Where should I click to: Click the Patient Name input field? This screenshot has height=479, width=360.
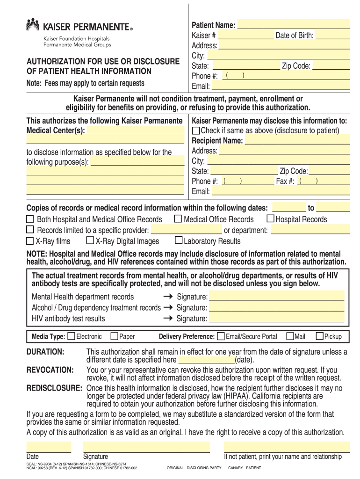tap(293, 25)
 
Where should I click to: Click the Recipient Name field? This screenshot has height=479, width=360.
tap(297, 141)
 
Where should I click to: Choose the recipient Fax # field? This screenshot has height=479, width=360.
tap(323, 181)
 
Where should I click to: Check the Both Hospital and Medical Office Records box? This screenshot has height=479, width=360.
tap(30, 219)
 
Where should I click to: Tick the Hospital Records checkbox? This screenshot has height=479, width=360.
tap(270, 219)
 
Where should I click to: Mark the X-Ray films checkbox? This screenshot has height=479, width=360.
tap(30, 241)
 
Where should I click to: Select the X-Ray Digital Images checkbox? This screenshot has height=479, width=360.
tap(90, 241)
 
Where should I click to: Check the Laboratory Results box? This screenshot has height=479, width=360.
tap(178, 241)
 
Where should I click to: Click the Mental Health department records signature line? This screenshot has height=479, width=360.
tap(276, 297)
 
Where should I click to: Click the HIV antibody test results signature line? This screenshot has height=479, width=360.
tap(276, 319)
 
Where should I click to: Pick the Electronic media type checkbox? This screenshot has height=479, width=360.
tap(71, 336)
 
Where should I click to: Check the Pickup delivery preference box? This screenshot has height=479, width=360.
tap(320, 336)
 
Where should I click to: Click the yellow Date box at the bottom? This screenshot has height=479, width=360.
tap(49, 447)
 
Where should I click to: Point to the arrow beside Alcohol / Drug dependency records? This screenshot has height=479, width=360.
tap(169, 308)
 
